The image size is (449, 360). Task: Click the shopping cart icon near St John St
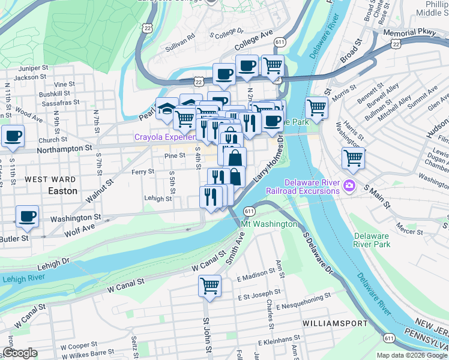pos(210,286)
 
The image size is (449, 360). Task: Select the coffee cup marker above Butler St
pos(27,216)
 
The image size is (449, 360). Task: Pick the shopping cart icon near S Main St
pos(354,158)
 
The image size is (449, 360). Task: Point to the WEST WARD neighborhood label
pos(50,179)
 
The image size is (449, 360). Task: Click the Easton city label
pos(62,191)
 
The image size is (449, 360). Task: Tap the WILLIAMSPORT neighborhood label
pos(335,323)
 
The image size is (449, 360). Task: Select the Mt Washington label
pos(268,224)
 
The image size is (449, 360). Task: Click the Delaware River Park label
pos(372,240)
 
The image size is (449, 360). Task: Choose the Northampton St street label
pos(64,146)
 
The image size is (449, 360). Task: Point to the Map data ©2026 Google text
pos(411,355)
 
